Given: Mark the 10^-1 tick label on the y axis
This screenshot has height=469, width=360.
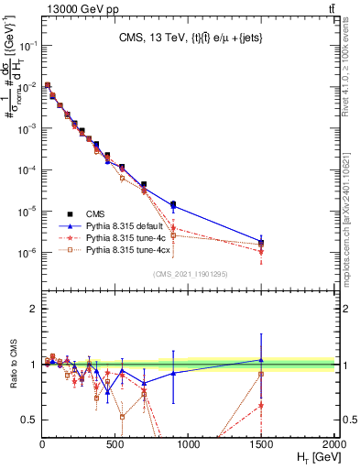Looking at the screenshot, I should coord(28,45).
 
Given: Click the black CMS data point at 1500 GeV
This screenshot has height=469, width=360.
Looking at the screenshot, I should coord(262,243).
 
